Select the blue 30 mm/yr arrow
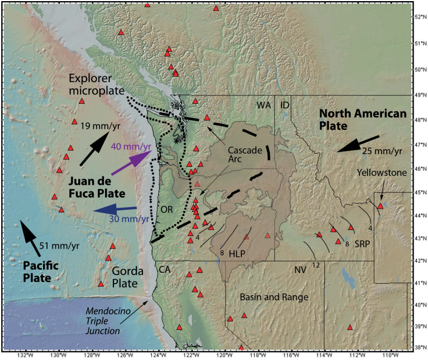pos(115,210)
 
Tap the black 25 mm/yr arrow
pos(358,145)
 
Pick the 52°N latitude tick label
pos(420,17)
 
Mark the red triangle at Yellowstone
pos(380,206)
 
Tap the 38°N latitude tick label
pos(420,347)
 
